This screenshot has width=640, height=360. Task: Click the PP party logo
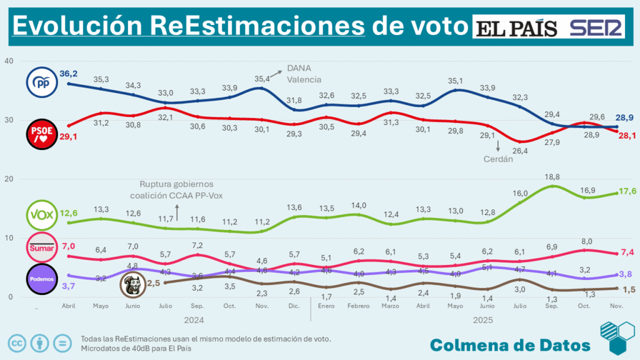(42, 82)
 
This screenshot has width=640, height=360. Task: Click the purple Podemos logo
(41, 280)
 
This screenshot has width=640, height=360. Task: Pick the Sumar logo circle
(41, 248)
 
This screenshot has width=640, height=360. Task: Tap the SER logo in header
(597, 28)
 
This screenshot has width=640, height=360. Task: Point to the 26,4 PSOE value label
(519, 150)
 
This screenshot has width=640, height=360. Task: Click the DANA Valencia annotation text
(304, 74)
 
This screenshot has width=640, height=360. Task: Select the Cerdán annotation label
(499, 159)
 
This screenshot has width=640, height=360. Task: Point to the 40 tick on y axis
(9, 61)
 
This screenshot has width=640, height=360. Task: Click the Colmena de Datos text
(511, 344)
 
